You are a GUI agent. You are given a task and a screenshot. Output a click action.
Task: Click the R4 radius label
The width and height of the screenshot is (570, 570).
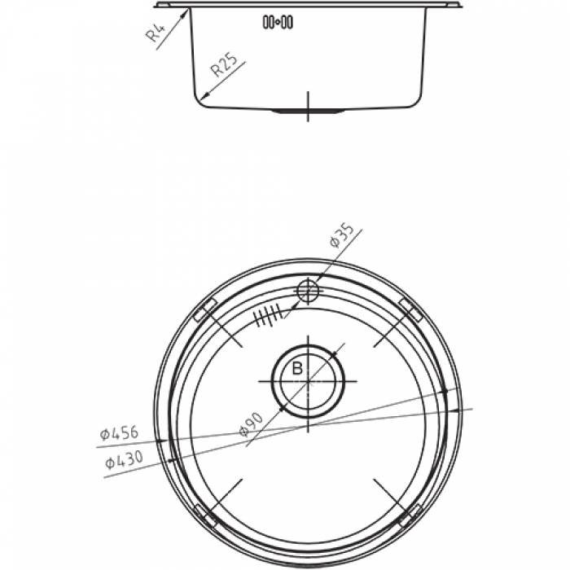click(156, 32)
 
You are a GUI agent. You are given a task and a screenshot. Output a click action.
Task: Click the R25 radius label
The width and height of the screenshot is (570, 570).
click(224, 64)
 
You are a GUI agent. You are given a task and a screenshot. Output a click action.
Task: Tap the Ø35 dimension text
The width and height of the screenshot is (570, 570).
click(341, 235)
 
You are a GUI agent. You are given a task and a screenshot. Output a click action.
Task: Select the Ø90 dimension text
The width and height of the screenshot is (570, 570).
click(251, 424)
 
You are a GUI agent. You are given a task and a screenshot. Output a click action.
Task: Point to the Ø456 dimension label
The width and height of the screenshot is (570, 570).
click(119, 433)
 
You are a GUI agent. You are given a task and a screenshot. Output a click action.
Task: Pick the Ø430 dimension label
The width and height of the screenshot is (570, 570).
click(124, 460)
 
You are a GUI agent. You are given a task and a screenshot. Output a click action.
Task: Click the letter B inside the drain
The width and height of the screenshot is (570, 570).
click(297, 369)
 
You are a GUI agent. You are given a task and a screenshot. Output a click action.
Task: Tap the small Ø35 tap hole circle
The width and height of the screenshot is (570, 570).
click(308, 291)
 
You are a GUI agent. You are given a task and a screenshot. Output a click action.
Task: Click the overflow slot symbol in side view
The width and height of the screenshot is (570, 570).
click(278, 22)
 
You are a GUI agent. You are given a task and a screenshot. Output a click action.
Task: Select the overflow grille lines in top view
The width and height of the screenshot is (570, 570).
click(268, 315)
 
